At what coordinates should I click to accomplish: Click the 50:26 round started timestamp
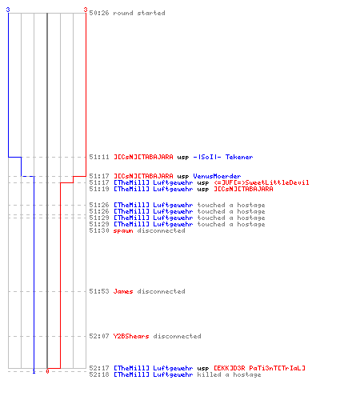[x=99, y=13]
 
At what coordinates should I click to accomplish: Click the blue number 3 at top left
[x=8, y=10]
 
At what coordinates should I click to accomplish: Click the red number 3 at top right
[x=86, y=10]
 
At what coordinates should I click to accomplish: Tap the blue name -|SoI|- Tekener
[x=223, y=157]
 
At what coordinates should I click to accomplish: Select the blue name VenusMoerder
[x=217, y=176]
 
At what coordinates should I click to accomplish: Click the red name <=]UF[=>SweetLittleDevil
[x=262, y=182]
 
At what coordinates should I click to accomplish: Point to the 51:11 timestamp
[x=99, y=157]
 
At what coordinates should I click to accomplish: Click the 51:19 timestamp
[x=99, y=189]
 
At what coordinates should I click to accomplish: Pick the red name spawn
[x=123, y=230]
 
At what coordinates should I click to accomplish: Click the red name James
[x=123, y=291]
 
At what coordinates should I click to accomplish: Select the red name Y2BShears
[x=131, y=336]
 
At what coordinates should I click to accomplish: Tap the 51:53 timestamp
[x=99, y=291]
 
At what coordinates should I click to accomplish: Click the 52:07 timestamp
[x=99, y=336]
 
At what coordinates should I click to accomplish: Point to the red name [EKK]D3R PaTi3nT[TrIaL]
[x=259, y=368]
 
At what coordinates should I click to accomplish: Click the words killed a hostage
[x=229, y=374]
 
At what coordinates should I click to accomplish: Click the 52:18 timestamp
[x=99, y=374]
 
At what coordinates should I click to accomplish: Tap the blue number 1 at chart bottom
[x=34, y=371]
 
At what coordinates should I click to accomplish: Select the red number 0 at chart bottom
[x=47, y=371]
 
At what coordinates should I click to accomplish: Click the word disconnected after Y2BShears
[x=177, y=336]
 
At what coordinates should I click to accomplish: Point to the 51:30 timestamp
[x=99, y=230]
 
